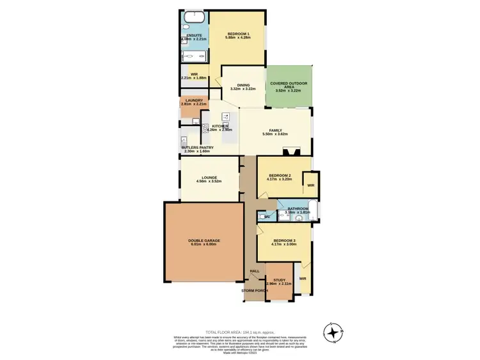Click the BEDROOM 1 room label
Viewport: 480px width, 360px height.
pyautogui.click(x=237, y=33)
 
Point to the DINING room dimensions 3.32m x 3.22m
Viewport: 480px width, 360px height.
pyautogui.click(x=243, y=89)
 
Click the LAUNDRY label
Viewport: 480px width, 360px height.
pyautogui.click(x=193, y=100)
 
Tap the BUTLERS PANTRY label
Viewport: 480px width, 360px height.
pyautogui.click(x=197, y=147)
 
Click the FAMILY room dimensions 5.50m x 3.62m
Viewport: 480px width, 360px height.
pyautogui.click(x=275, y=134)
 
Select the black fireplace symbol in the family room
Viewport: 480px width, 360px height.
pyautogui.click(x=292, y=152)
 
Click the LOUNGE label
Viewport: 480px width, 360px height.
pyautogui.click(x=209, y=177)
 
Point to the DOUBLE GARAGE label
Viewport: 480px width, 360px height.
pyautogui.click(x=204, y=240)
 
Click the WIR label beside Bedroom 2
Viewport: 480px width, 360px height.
pyautogui.click(x=310, y=185)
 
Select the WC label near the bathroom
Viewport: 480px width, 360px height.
pyautogui.click(x=267, y=217)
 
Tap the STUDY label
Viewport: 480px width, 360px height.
pyautogui.click(x=279, y=279)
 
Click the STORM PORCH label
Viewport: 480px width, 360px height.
pyautogui.click(x=254, y=291)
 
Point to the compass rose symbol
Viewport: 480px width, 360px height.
pyautogui.click(x=334, y=332)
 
